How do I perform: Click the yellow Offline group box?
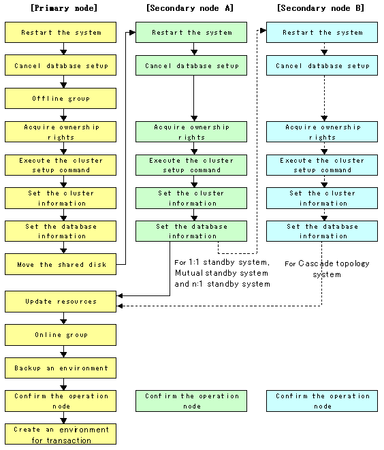pos(61,99)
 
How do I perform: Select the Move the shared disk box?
pos(61,264)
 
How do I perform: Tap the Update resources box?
pos(61,302)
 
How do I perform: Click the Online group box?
pos(61,335)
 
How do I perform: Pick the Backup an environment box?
pos(61,368)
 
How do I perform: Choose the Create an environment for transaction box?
pos(61,434)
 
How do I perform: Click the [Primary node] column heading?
pos(64,7)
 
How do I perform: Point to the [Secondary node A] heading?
pos(190,7)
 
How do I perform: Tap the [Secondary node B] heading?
pos(321,7)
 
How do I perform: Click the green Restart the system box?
pos(191,33)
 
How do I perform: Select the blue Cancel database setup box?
pos(322,65)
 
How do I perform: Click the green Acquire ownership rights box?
pos(191,131)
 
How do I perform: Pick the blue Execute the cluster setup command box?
pos(322,165)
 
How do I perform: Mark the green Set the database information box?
pos(191,231)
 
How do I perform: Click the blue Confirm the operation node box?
pos(322,401)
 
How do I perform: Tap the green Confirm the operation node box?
pos(191,401)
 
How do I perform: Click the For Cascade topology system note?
pos(327,269)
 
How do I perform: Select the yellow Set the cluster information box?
pos(61,198)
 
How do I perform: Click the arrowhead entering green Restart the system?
pos(133,33)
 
